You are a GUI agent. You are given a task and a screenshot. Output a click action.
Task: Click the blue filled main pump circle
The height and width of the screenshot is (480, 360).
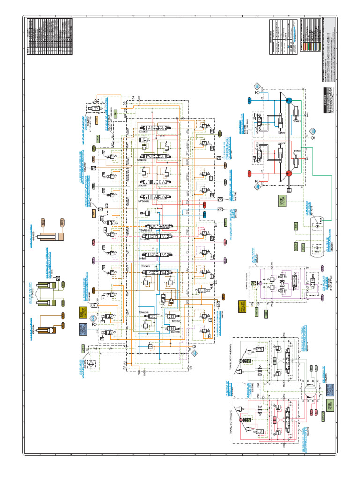(x=289, y=101)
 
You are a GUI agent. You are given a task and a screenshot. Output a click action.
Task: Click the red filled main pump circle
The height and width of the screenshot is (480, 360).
(x=289, y=173)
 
